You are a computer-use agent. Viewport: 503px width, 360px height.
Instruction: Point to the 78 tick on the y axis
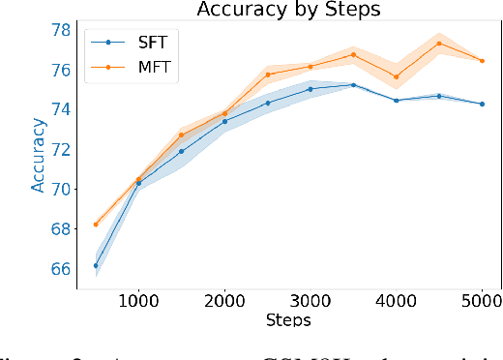point(61,30)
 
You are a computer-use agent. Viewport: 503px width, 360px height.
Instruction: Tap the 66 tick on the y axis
point(61,268)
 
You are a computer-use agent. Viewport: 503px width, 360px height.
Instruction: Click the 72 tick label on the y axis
point(61,149)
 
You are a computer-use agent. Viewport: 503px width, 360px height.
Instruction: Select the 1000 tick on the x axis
point(138,301)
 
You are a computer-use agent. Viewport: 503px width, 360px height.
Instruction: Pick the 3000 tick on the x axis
point(311,301)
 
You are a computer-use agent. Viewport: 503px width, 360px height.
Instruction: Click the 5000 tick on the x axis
point(482,301)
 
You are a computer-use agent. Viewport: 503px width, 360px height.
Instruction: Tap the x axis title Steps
point(289,318)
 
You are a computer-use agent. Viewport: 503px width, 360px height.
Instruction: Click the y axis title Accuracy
point(38,155)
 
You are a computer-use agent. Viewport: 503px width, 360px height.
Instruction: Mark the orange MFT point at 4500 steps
point(439,43)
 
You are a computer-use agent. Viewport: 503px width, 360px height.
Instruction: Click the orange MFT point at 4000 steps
point(396,76)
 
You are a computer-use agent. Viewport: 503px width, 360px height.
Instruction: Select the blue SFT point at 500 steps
point(96,265)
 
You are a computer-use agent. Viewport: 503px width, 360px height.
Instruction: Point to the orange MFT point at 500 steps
point(96,224)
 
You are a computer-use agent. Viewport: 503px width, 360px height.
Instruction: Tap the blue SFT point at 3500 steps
point(353,85)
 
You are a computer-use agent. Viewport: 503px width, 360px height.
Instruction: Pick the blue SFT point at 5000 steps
point(482,104)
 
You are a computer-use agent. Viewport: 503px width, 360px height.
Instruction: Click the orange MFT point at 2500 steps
point(268,75)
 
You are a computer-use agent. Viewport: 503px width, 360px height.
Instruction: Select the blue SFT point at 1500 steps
point(181,151)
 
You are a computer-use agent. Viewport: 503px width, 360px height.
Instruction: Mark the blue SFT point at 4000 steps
point(396,100)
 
